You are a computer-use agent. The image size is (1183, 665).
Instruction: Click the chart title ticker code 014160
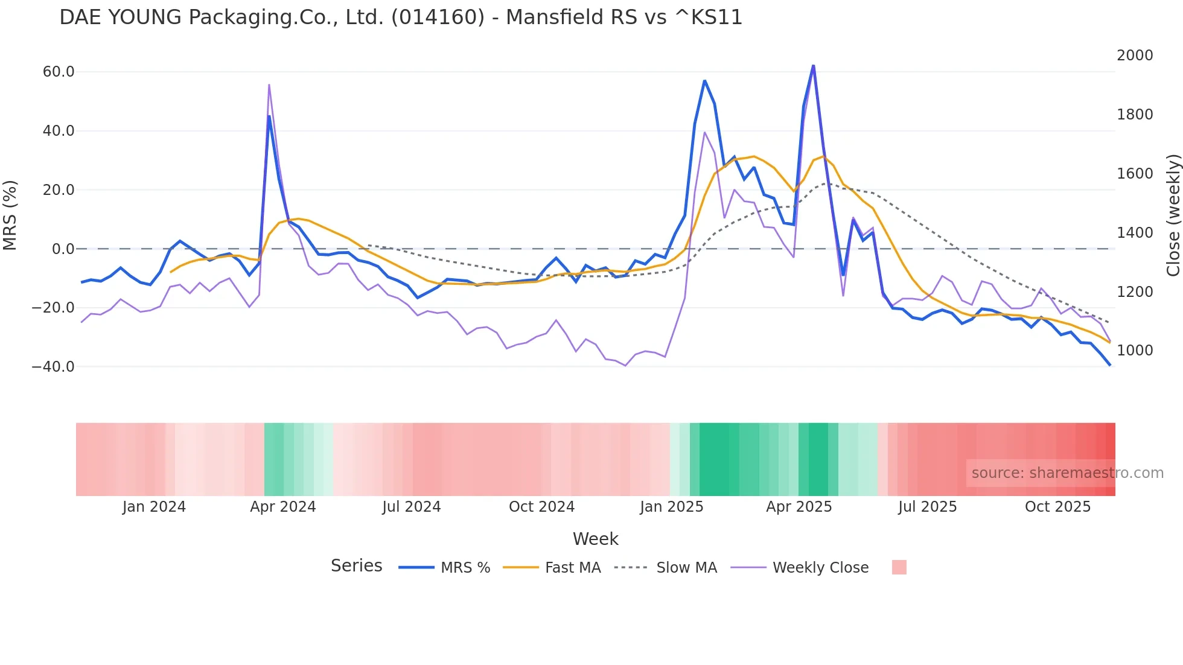[x=438, y=17]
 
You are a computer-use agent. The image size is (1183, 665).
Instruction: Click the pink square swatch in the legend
[x=899, y=567]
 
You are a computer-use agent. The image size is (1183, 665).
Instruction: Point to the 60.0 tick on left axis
[x=59, y=72]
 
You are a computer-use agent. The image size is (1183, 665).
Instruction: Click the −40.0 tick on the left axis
[x=53, y=367]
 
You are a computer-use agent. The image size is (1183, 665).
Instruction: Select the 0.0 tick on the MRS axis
[x=63, y=249]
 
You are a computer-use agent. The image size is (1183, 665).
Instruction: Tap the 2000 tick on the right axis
[x=1135, y=56]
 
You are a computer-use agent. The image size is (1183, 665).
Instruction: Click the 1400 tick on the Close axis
[x=1135, y=232]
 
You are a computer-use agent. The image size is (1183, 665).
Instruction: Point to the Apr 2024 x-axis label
[x=283, y=507]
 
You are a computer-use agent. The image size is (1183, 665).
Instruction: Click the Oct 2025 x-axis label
[x=1057, y=507]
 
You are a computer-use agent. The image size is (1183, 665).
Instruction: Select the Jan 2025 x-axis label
[x=671, y=507]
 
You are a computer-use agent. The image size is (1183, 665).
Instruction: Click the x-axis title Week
[x=595, y=539]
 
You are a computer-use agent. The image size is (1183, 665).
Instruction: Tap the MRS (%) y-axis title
[x=10, y=215]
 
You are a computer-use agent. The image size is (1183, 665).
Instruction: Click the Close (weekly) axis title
[x=1173, y=215]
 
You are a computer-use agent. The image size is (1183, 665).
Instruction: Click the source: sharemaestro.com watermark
[x=1067, y=473]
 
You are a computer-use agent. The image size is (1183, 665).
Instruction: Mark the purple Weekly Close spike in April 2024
[x=269, y=85]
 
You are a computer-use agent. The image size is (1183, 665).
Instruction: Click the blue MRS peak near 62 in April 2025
[x=813, y=65]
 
